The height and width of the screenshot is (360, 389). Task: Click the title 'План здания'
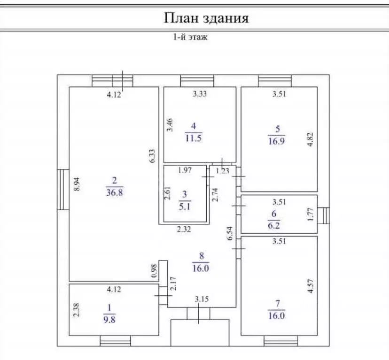click(x=206, y=18)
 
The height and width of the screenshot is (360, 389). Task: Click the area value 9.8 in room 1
click(x=109, y=315)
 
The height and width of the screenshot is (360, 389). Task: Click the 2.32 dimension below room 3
click(x=184, y=230)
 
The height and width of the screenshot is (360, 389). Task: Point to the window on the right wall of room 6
click(x=324, y=215)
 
